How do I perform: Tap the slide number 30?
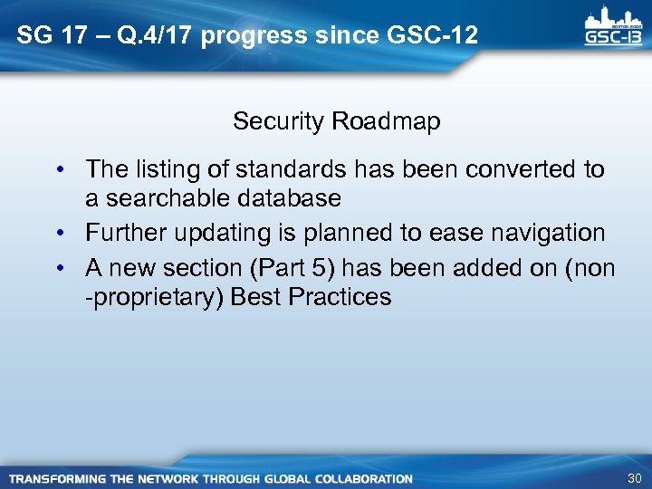click(x=634, y=478)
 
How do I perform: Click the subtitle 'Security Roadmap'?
click(x=336, y=121)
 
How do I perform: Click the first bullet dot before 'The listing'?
click(x=58, y=170)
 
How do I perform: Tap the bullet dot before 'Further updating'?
click(x=58, y=234)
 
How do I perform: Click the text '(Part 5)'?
click(x=297, y=269)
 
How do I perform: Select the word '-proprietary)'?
click(x=155, y=297)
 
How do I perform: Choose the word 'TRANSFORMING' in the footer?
click(x=62, y=478)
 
